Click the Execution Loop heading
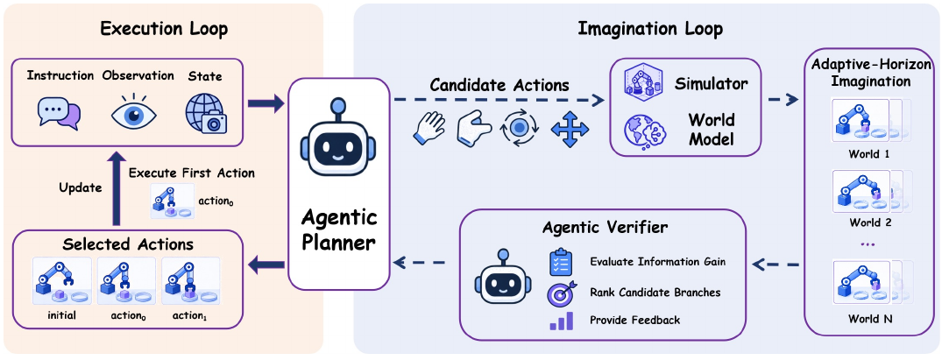point(163,29)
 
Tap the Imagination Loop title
point(650,29)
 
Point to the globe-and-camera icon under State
point(205,112)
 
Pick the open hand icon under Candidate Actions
point(429,127)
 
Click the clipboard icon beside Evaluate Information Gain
point(561,261)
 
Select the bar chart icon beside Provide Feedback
point(561,321)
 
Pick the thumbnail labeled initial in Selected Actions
point(62,283)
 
